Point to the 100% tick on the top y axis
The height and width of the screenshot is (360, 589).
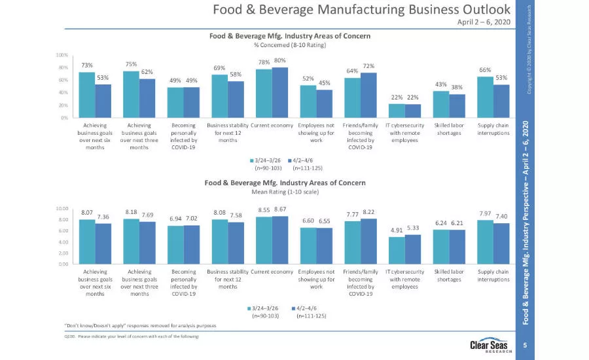(x=62, y=55)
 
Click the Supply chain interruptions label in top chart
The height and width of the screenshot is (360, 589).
(x=493, y=128)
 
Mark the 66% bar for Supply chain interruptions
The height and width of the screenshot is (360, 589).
(x=486, y=98)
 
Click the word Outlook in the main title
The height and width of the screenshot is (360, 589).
(x=485, y=9)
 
